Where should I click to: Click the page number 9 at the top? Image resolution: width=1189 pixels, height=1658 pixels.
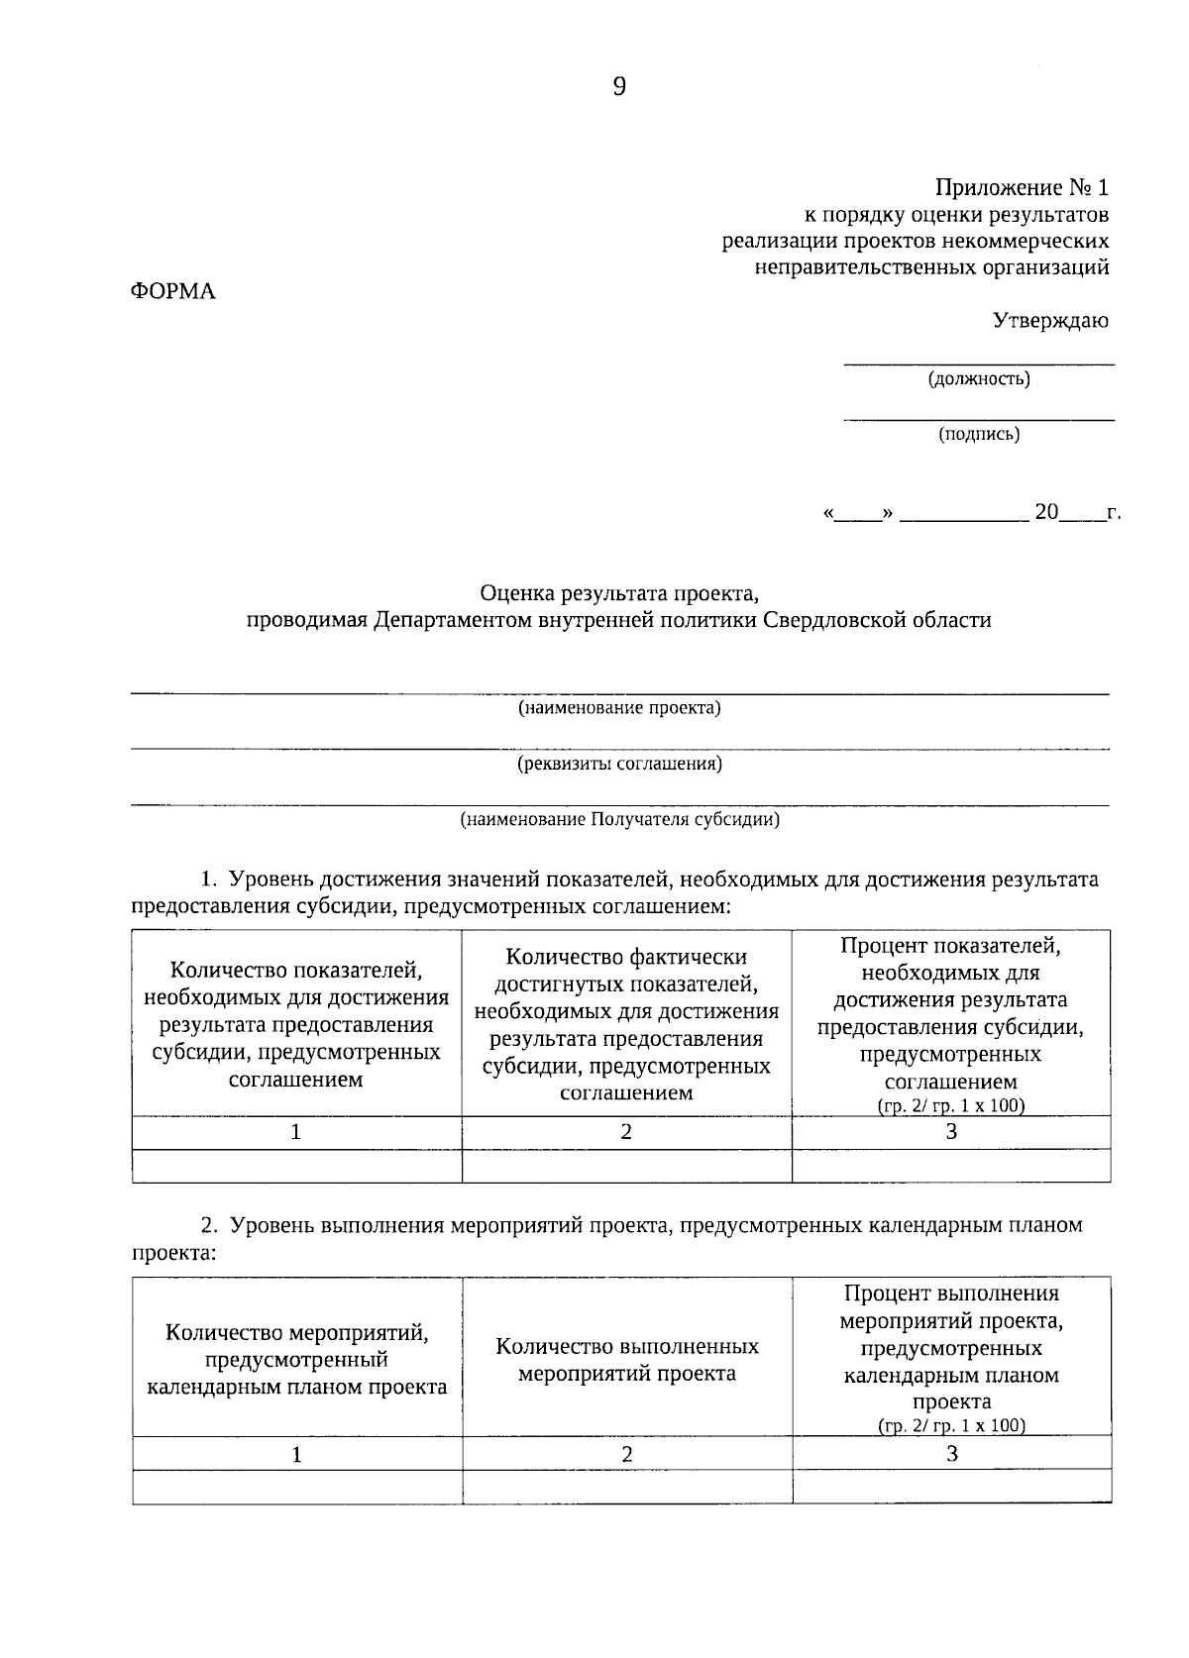coord(619,87)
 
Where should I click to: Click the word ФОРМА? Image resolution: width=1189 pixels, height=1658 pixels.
coord(173,292)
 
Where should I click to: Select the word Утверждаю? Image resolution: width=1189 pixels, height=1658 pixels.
coord(1050,320)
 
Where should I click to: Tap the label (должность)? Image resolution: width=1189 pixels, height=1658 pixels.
coord(979,378)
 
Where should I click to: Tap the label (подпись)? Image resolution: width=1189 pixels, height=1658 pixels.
coord(979,433)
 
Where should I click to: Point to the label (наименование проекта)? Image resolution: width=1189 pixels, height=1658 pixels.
coord(619,708)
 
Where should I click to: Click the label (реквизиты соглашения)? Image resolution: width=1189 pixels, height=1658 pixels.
coord(619,764)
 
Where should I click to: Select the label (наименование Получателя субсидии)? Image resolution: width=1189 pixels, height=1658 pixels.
coord(619,820)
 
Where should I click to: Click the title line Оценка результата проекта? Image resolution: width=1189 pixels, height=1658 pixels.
coord(619,593)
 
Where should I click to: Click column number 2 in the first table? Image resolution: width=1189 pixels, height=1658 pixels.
coord(626,1132)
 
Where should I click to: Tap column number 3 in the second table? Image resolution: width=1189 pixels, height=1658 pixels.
coord(951,1453)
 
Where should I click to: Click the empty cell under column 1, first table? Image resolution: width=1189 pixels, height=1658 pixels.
coord(296,1166)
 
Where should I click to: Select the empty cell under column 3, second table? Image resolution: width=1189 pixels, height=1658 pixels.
coord(951,1487)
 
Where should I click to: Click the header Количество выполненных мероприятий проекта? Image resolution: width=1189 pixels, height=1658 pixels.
coord(626,1360)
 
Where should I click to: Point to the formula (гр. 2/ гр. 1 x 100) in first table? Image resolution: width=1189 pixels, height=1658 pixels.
coord(951,1106)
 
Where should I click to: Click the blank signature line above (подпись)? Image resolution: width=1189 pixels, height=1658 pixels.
coord(979,419)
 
